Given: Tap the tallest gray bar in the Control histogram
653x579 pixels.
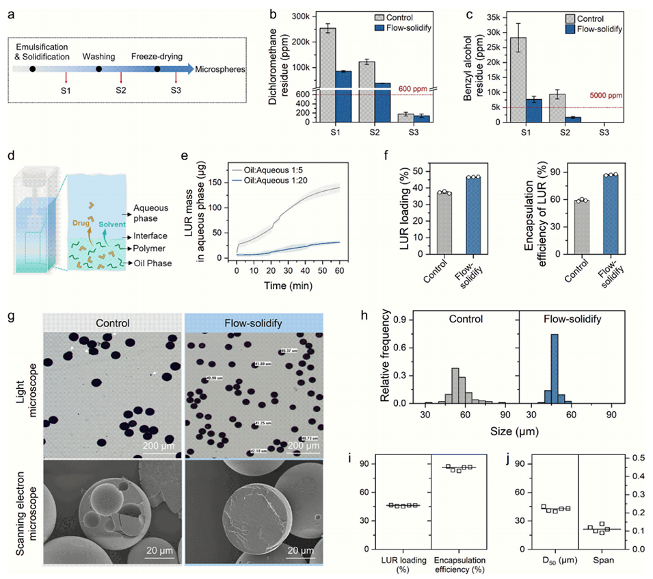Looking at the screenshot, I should coord(455,386).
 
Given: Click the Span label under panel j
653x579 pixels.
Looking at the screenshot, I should coord(607,563).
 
